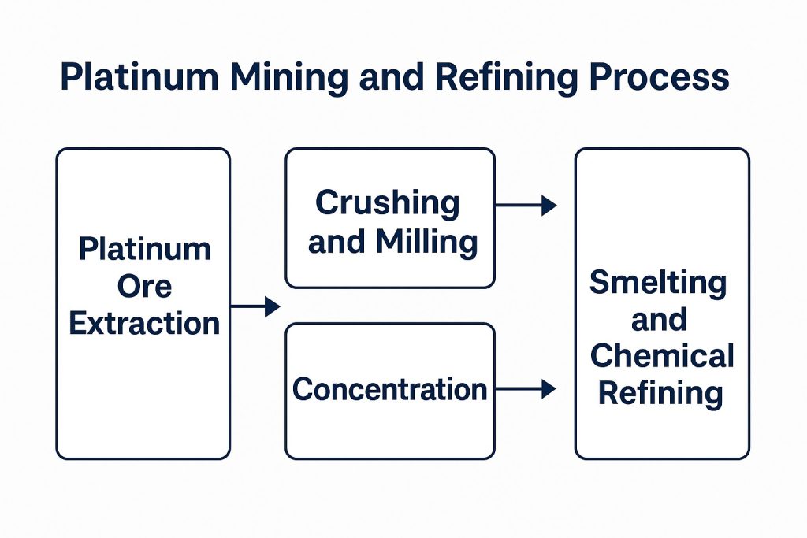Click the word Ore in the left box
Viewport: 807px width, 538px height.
(144, 287)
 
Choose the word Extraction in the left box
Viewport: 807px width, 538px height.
(144, 323)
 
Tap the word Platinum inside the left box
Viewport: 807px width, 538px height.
(145, 250)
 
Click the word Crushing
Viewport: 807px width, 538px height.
(387, 203)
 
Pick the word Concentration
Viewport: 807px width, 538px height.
(389, 389)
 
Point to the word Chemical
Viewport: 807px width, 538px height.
(662, 356)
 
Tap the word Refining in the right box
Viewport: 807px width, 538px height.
(660, 392)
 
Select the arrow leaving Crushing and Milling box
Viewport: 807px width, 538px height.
(526, 206)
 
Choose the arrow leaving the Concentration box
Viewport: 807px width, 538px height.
(526, 388)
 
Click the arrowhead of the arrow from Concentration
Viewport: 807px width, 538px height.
(549, 388)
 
